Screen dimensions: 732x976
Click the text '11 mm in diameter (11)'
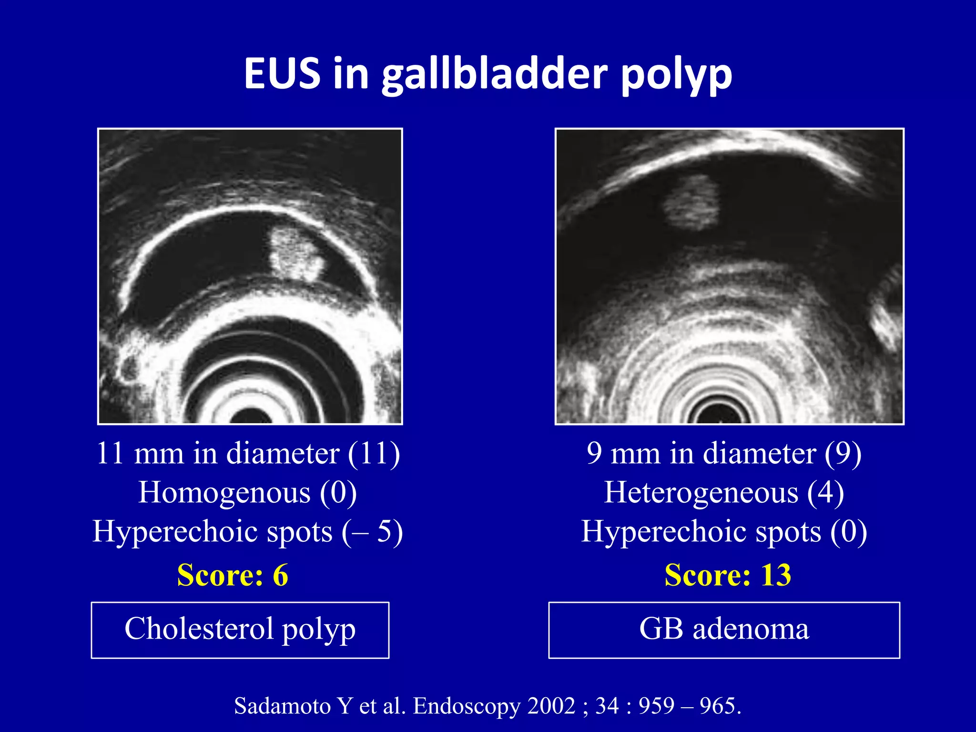248,453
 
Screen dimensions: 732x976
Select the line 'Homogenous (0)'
248,492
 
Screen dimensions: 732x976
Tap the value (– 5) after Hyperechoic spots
372,531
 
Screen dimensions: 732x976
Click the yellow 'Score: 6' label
233,575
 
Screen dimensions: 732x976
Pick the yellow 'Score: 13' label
728,575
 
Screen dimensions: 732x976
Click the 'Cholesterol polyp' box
240,630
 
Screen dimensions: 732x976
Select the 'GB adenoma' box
724,630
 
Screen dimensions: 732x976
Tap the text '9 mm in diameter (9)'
724,453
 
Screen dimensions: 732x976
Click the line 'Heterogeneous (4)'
724,492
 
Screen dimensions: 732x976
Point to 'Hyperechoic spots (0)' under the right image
724,531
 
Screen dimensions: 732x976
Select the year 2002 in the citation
551,706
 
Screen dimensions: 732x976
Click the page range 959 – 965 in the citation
690,706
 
